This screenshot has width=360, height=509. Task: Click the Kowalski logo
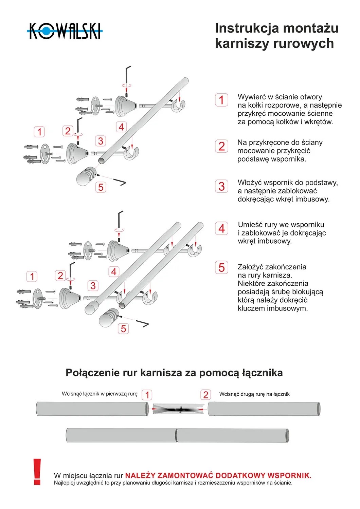tap(65, 31)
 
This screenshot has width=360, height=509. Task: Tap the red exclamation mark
tap(37, 472)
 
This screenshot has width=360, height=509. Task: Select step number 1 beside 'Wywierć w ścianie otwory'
tap(221, 100)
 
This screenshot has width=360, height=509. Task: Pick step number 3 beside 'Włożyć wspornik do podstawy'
tap(221, 186)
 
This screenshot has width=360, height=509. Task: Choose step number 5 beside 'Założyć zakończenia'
tap(221, 267)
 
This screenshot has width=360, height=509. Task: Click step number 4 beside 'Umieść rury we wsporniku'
tap(221, 228)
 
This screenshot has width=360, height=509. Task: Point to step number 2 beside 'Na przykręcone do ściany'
tap(221, 146)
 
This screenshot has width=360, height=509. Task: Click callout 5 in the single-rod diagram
tap(101, 187)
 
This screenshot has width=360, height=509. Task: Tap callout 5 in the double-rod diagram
tap(123, 328)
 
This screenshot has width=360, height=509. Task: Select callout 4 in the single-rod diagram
tap(121, 127)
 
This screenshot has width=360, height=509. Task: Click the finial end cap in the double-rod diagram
tap(108, 318)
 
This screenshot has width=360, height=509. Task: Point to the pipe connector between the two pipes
tap(178, 409)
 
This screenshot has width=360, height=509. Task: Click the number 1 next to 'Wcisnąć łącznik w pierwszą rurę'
tap(147, 395)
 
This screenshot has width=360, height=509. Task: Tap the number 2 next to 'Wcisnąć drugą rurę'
tap(205, 395)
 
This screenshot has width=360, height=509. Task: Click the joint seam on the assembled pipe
tap(176, 435)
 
